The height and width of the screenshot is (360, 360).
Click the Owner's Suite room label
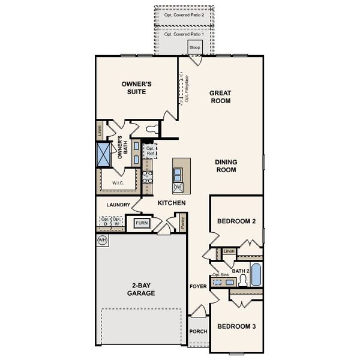coord(136,88)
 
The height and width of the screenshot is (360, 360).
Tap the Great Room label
coord(220,97)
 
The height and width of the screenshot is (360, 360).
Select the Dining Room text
coord(226,166)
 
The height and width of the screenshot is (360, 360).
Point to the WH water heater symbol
coord(101,240)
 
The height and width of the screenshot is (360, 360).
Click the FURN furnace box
coord(142,223)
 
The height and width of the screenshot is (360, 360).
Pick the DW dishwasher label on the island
coord(178,188)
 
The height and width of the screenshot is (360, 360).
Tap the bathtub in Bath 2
coord(256,275)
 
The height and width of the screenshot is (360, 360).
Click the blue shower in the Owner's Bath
coord(104,154)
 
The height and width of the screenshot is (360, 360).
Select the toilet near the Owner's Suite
coord(152,128)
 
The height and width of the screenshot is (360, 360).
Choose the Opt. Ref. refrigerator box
coord(150,151)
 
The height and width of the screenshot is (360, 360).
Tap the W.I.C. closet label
coord(118,182)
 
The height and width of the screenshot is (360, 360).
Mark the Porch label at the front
coord(197,331)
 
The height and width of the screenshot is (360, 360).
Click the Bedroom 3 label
coord(236,326)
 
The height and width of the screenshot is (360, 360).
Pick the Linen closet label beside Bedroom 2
coord(229,251)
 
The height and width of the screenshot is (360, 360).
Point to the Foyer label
coord(198,286)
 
